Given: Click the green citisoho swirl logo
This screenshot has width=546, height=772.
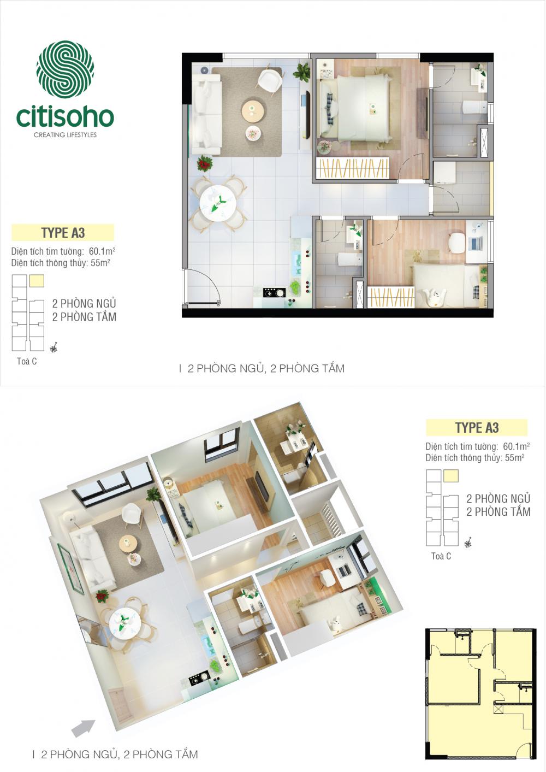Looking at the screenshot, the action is coord(65,69).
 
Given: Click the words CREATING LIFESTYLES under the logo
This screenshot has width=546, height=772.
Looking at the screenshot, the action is coord(65,135).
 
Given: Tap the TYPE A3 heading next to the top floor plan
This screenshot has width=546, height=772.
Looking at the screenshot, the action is coord(63,233).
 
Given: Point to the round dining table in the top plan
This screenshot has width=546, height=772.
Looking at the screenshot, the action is coord(218,202).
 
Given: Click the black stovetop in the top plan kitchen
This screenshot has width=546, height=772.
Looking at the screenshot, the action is coord(275,292).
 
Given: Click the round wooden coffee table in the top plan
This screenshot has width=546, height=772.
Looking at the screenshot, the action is coord(253,110).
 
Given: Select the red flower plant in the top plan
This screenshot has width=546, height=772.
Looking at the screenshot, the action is coord(205,163).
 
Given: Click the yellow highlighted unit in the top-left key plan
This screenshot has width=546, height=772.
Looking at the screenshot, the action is coord(37,281).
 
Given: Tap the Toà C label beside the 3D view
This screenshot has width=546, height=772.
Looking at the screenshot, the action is coord(441,556).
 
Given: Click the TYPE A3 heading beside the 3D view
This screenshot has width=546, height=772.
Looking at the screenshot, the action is coord(477,428).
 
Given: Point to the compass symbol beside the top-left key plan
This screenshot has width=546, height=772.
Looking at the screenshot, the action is coord(54,347).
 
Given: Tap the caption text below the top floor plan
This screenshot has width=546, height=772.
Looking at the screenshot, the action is coord(266,368).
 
